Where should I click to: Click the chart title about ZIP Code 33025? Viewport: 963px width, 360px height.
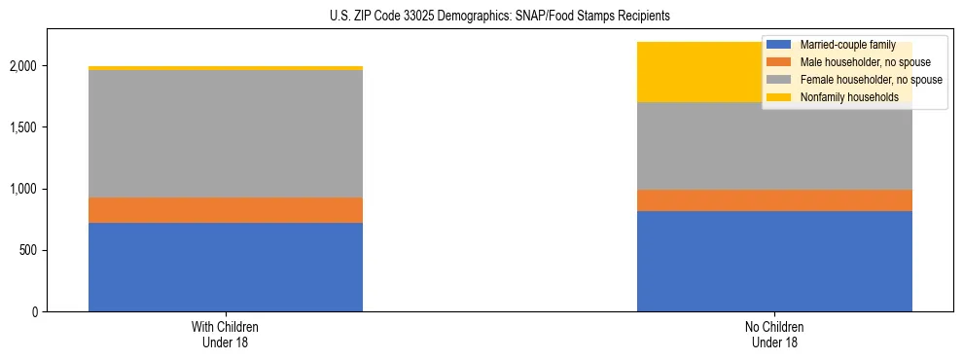[481, 17]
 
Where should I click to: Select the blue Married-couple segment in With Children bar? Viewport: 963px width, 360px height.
[226, 267]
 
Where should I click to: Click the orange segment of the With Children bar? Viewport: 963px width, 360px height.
[226, 210]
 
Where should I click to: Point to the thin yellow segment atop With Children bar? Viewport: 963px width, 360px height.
[226, 68]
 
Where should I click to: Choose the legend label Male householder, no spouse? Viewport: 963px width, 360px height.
[865, 62]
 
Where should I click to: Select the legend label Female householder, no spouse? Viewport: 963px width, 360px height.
[871, 80]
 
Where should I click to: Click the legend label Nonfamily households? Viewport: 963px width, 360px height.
[849, 97]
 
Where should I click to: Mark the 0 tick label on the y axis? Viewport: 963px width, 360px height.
[34, 311]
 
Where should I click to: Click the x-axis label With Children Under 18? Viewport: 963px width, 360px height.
[226, 334]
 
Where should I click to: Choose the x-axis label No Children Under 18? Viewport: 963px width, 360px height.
[774, 334]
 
